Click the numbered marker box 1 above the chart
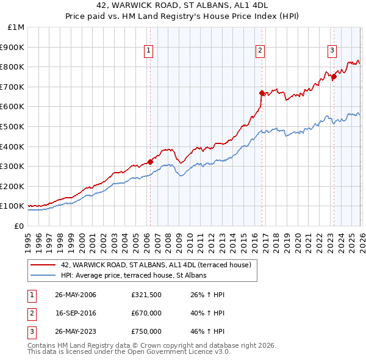coord(149,51)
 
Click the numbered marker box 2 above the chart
coord(260,51)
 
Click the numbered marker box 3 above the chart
coord(332,51)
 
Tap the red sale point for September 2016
coord(262,93)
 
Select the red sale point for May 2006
coord(151,162)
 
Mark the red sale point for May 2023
coord(334,77)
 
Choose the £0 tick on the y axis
coord(20,226)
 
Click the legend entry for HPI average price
coord(134,275)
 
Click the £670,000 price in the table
coord(146,313)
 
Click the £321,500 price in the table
coord(146,295)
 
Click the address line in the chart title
coord(182,5)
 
